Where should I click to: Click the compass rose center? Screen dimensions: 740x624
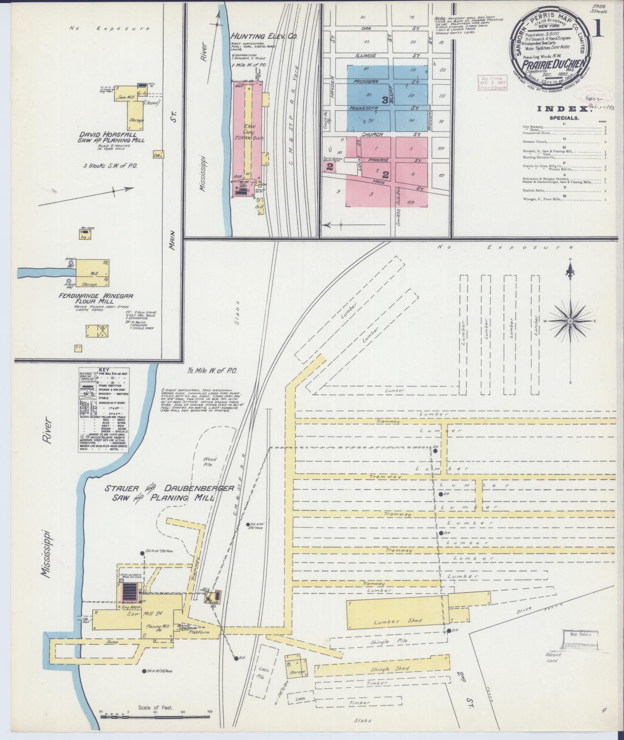570,321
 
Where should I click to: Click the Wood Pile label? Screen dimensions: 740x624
210,462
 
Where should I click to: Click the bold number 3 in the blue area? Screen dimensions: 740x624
385,100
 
